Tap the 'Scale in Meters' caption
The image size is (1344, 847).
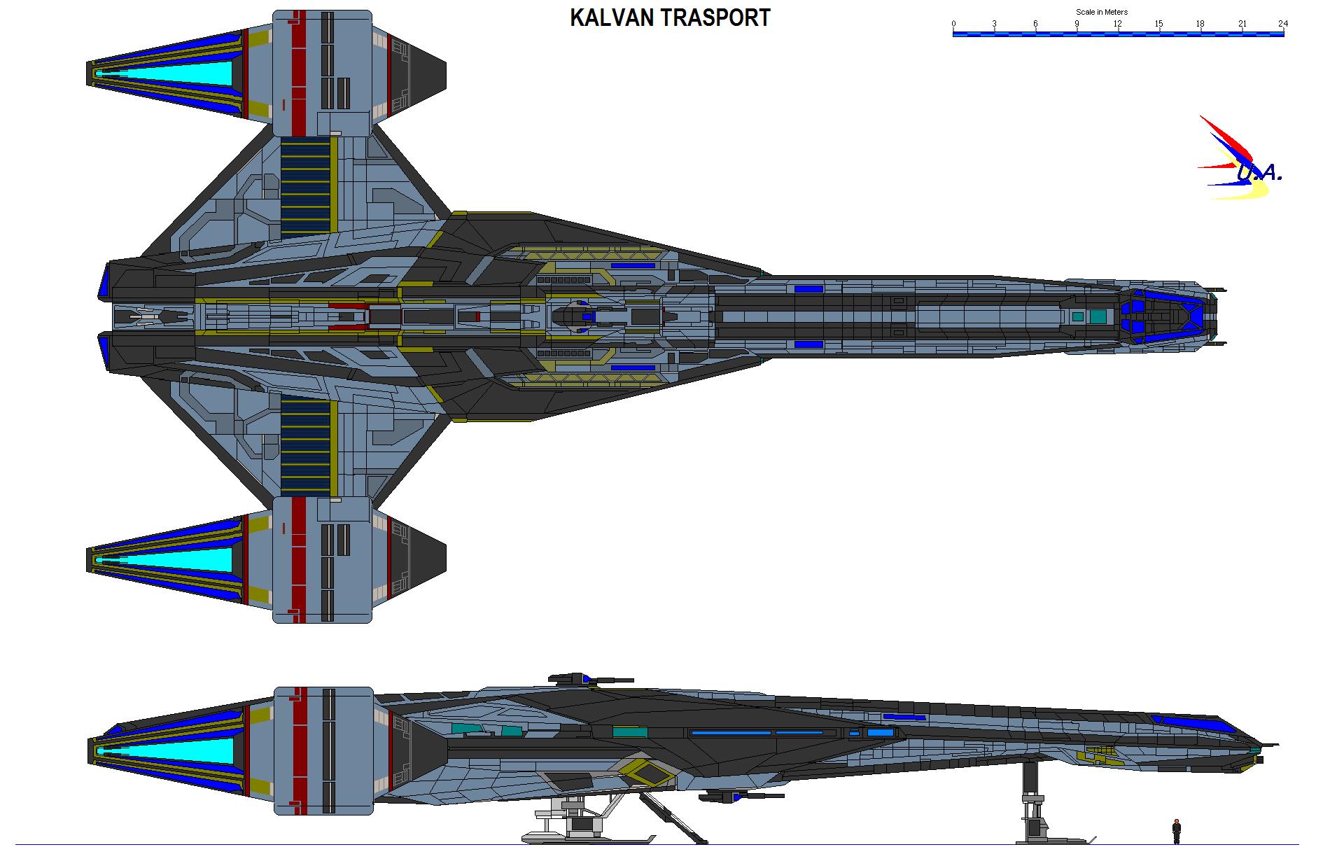click(x=1102, y=12)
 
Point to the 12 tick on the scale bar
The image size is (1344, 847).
click(x=1118, y=24)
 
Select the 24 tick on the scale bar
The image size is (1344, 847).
click(x=1282, y=24)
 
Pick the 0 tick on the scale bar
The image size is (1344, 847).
click(x=953, y=24)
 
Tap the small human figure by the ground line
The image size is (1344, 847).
click(x=1177, y=831)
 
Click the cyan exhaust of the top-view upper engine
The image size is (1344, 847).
click(x=168, y=73)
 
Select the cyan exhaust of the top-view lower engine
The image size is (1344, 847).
click(x=168, y=559)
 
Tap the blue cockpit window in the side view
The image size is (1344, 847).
click(x=1190, y=722)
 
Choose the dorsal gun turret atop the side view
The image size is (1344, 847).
click(x=574, y=678)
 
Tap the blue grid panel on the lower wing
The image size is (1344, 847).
click(x=305, y=444)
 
